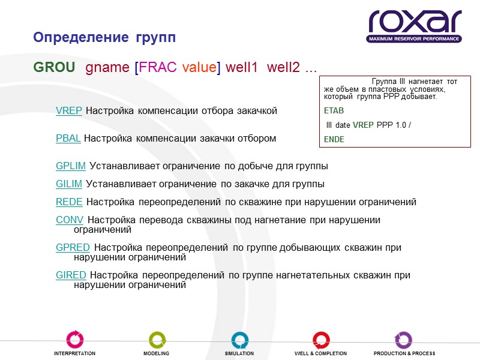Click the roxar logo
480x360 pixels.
pos(415,25)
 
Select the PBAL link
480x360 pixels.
pos(68,138)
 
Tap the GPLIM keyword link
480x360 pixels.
pos(71,166)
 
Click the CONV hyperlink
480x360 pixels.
pos(70,220)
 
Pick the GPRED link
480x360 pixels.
pos(73,247)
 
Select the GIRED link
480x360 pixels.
pos(71,275)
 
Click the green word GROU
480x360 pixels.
pos(54,67)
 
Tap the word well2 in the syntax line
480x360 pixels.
pos(283,67)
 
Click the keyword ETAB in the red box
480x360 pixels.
pos(334,111)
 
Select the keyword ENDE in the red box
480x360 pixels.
pos(334,139)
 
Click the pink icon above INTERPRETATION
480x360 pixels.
pos(74,340)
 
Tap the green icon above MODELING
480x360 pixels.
pos(157,340)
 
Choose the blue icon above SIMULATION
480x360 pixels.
pos(239,340)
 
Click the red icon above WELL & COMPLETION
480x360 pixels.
pos(321,340)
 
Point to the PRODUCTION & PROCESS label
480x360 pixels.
pos(404,353)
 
